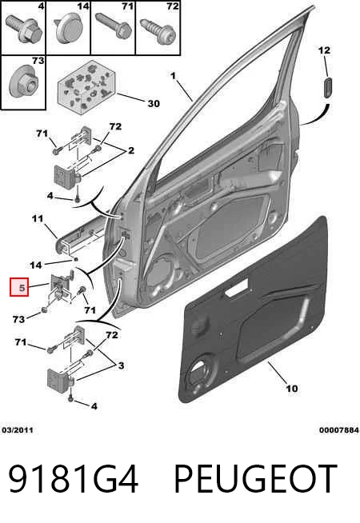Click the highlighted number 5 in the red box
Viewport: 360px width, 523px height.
pos(22,287)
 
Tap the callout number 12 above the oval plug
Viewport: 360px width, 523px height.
pos(324,50)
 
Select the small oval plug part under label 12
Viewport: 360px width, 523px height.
pos(328,87)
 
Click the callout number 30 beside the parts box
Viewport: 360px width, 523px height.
pos(154,104)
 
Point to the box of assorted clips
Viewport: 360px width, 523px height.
pos(86,87)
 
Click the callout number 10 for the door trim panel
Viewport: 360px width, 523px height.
pos(292,389)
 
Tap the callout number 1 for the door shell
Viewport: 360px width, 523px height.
pos(173,76)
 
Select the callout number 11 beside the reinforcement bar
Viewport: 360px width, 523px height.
pos(38,219)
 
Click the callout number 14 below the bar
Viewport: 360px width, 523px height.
pos(36,265)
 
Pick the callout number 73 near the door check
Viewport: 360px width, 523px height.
pos(18,319)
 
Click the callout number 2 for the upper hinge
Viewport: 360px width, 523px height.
pos(131,150)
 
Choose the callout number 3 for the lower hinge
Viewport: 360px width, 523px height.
pos(121,365)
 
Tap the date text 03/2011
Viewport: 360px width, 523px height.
pos(18,430)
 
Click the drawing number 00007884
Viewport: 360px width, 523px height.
pos(339,430)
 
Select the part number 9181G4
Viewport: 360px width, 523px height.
pos(74,479)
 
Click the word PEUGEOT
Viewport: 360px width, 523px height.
pos(255,479)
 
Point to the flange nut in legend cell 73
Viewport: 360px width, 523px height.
pos(22,81)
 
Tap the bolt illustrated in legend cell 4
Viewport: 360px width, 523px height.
pos(24,29)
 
